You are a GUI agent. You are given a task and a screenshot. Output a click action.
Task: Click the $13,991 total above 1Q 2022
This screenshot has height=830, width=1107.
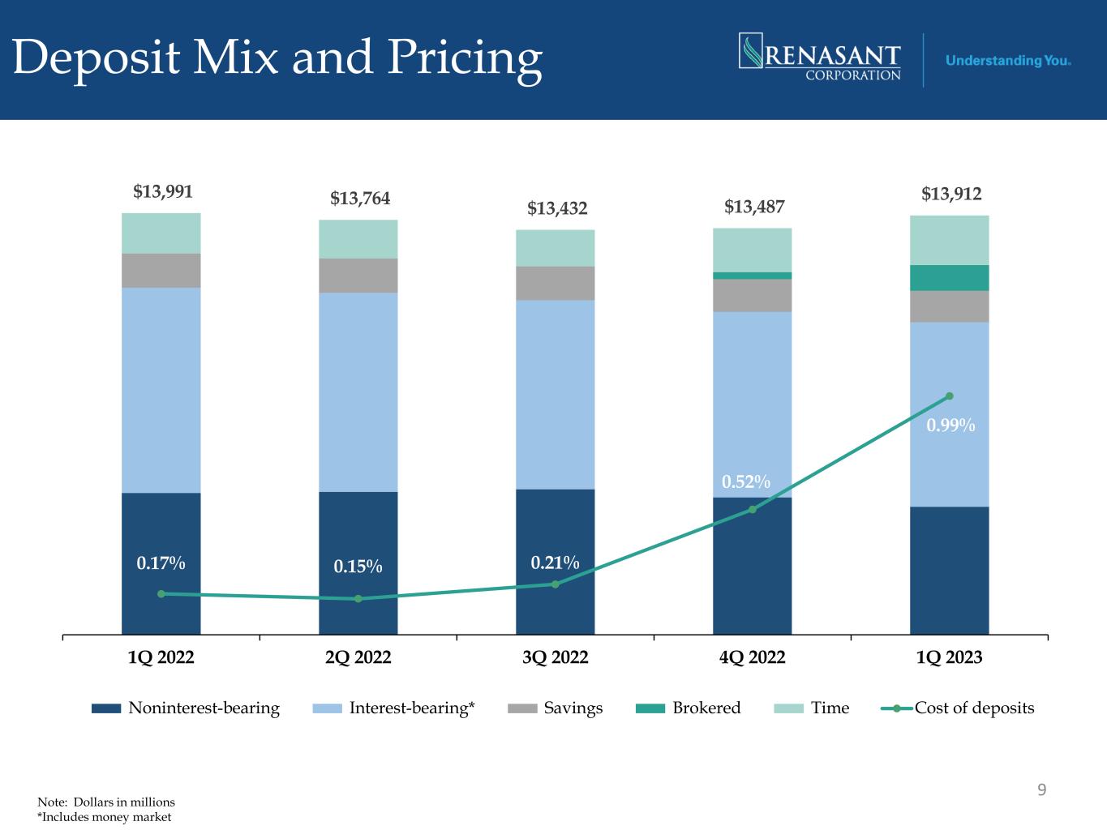(162, 192)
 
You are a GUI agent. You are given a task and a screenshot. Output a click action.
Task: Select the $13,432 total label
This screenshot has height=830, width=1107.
(556, 209)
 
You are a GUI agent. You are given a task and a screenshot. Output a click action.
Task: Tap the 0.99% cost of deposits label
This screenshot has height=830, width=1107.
(950, 426)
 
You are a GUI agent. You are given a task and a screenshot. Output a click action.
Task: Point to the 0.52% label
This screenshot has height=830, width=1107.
(746, 482)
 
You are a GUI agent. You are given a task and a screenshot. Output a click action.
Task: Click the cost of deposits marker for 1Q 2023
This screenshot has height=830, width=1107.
(950, 396)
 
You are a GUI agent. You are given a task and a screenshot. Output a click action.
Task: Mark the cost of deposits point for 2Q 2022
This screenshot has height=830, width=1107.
(358, 599)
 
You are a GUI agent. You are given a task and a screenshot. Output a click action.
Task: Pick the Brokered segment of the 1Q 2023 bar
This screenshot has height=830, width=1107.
(950, 278)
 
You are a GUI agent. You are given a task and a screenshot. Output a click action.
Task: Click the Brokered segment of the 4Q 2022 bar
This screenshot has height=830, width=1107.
(753, 276)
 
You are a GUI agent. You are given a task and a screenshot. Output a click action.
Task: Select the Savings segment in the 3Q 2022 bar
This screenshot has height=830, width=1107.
(556, 284)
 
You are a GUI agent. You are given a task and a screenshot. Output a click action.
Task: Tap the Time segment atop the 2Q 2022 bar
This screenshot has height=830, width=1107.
(358, 239)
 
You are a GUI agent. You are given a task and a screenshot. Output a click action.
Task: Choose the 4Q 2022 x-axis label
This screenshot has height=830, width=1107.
(753, 657)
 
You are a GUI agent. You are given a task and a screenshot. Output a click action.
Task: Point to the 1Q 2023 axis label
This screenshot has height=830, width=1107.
(950, 657)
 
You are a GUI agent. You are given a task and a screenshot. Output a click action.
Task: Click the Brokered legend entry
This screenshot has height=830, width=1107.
(689, 708)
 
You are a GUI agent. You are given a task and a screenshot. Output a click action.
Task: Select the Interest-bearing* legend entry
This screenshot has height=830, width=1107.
(394, 708)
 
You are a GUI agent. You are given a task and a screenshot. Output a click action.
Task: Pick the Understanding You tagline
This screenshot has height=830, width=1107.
(1009, 61)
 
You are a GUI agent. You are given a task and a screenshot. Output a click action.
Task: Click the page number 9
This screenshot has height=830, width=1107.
(1042, 789)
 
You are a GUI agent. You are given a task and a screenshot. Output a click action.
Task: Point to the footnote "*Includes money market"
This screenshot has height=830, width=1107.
(105, 817)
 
